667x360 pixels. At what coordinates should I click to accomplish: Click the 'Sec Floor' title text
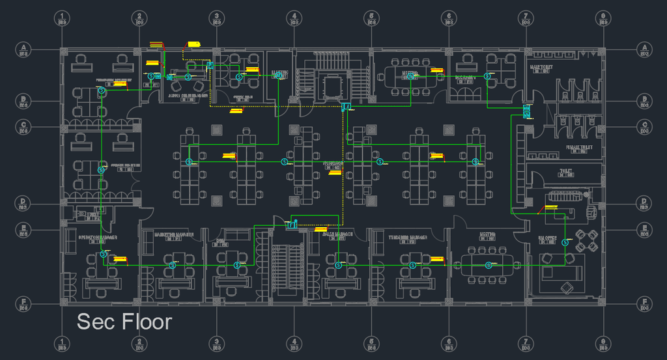[124, 322]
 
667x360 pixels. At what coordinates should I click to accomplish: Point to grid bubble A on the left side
[23, 48]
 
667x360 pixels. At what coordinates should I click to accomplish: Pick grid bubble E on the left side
[23, 228]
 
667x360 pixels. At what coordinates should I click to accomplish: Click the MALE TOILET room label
[542, 66]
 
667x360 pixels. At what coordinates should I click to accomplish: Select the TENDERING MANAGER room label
[408, 238]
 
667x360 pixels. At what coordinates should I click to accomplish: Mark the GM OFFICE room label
[547, 240]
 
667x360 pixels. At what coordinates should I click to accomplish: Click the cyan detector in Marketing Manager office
[173, 265]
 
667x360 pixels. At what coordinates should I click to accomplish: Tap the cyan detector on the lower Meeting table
[489, 264]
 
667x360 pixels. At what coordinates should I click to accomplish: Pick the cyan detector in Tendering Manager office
[413, 265]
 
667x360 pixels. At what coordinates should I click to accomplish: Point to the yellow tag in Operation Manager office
[120, 259]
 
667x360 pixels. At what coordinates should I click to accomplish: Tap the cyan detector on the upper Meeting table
[411, 76]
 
